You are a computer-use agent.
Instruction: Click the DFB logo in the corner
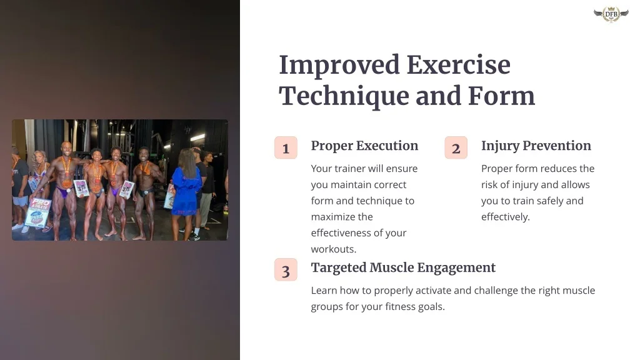tap(611, 14)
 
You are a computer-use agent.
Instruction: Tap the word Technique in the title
tap(344, 96)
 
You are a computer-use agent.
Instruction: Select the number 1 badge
tap(286, 147)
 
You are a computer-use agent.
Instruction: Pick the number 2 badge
tap(456, 147)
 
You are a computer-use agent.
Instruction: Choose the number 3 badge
tap(286, 270)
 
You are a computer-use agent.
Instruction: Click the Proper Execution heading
tap(364, 146)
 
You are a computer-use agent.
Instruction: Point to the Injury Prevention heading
tap(536, 146)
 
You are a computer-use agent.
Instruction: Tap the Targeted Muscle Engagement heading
tap(403, 267)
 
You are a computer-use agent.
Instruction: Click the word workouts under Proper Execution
tap(334, 249)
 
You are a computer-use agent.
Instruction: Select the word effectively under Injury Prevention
tap(505, 217)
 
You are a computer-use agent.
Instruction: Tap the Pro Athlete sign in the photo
tap(38, 212)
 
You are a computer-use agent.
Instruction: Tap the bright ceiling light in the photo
tap(197, 137)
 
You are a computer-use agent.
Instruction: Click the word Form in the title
tap(501, 96)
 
